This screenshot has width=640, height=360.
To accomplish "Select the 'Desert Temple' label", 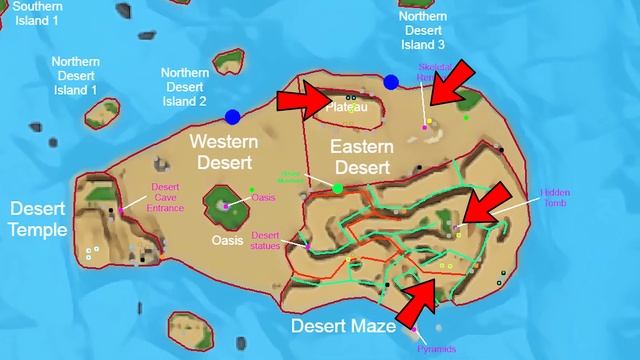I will (39, 219).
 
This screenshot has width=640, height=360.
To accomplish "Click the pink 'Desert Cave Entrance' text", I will (167, 198).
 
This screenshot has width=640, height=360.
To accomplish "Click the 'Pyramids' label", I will (437, 349).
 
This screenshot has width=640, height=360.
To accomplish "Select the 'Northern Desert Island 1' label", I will (75, 76).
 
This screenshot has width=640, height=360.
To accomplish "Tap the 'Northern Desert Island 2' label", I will (185, 87).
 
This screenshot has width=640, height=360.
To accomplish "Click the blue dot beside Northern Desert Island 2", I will (233, 117).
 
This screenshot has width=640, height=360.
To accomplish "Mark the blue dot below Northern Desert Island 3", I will (391, 82).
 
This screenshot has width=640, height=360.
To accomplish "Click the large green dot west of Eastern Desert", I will (338, 188).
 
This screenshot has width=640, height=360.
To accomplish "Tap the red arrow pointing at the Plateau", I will (305, 100).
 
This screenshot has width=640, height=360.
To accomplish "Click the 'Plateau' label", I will (347, 107).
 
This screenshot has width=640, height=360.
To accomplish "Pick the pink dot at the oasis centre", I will (226, 205).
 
